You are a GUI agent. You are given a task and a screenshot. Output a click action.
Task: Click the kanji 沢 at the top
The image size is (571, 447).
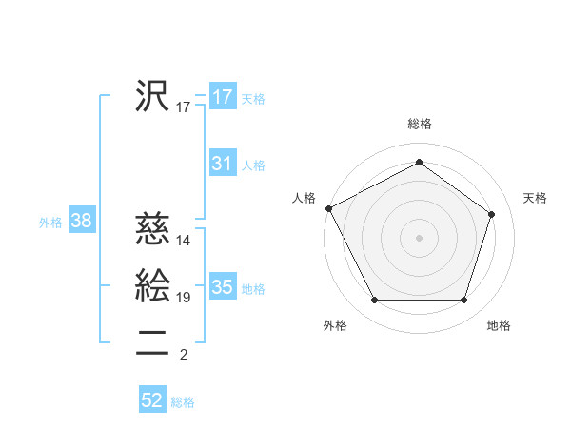coord(152,96)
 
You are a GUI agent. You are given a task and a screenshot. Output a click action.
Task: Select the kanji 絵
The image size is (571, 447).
coord(152,286)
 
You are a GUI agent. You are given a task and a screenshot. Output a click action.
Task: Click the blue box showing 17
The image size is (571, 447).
coord(222,97)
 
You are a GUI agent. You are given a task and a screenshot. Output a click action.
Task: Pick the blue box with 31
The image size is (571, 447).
coord(222,164)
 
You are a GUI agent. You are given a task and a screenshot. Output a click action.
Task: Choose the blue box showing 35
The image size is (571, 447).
coord(222,287)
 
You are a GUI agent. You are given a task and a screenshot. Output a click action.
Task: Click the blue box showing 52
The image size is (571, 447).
coord(152,400)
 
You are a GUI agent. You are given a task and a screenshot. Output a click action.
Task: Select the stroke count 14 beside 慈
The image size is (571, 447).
coord(184,241)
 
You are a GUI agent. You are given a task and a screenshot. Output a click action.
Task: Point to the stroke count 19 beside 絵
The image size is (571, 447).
coord(184,298)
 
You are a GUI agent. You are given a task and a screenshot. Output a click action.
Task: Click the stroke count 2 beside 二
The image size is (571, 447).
coord(183,355)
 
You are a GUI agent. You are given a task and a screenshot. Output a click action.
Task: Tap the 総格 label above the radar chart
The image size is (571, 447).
coord(420,124)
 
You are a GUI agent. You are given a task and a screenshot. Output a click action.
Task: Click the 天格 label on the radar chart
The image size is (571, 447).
coord(535,198)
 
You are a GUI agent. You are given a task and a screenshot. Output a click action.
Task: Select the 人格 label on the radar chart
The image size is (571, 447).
coord(304,198)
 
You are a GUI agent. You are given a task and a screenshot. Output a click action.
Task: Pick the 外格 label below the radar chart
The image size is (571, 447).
coord(335,326)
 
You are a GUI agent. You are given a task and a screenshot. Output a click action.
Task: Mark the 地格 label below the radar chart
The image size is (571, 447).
coord(499,326)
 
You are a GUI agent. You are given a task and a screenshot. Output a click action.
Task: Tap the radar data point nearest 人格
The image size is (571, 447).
coord(328,208)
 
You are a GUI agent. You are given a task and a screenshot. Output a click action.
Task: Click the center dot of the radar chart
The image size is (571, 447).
coord(419,237)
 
